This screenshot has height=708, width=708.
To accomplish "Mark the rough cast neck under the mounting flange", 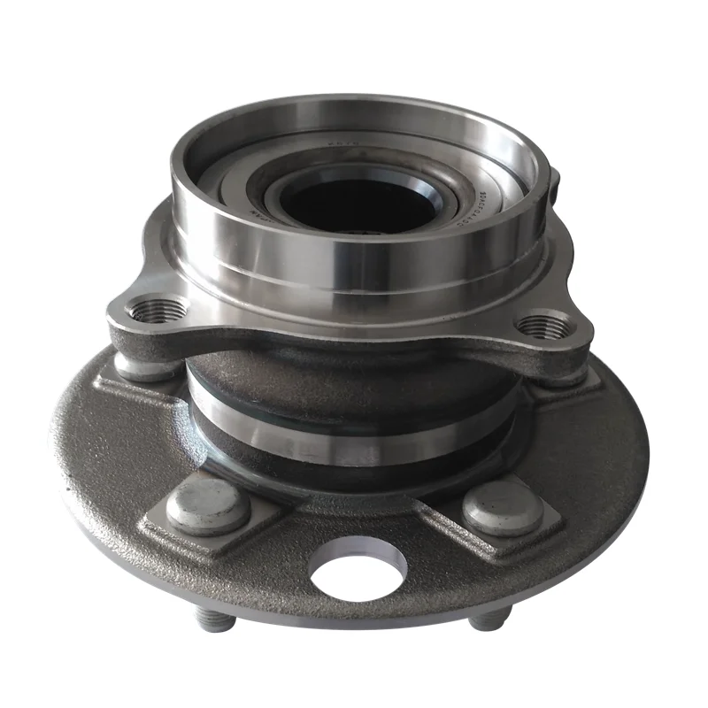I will [x=354, y=376].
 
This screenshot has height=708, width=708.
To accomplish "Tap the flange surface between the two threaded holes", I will [x=354, y=335].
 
